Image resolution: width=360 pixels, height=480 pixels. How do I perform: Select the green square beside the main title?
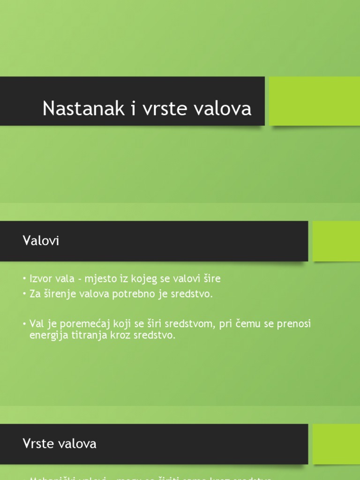point(315,101)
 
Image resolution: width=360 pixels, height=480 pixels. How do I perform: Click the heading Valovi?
point(41,241)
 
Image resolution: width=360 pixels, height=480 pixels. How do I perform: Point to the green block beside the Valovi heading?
point(336,241)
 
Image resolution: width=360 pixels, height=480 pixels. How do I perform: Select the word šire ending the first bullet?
point(210,279)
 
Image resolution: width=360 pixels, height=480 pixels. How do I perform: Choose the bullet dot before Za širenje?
point(25,295)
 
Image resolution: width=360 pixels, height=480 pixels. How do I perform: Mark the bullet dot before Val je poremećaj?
point(25,324)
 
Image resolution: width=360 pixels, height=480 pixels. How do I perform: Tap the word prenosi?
point(294,324)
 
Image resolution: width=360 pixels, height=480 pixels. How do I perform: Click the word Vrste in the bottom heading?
point(35,443)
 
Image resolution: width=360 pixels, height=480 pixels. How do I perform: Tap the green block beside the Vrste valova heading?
point(336,444)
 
